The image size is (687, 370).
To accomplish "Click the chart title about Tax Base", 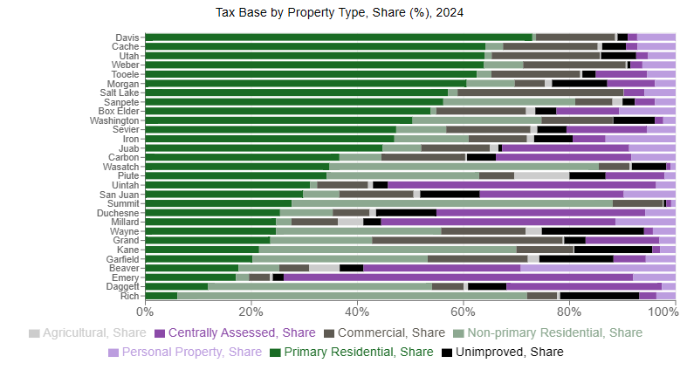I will tap(340, 13).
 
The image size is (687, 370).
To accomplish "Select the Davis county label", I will tap(126, 38).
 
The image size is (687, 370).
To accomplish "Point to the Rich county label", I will tap(127, 296).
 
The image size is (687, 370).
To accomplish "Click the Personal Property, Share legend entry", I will tap(185, 352).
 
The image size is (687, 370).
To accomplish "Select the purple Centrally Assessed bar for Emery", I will tap(458, 277).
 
